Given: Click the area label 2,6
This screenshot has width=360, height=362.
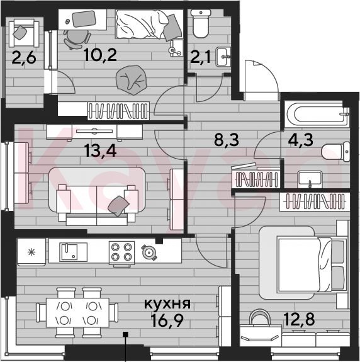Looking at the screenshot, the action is coord(24,58).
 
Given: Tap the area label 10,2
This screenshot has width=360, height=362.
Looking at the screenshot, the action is coord(101,55).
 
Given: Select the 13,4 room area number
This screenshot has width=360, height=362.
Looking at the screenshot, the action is coord(101,150).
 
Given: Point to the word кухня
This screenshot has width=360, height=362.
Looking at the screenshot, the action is coord(167,303).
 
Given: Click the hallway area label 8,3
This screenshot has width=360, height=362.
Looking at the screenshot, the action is coord(227,140).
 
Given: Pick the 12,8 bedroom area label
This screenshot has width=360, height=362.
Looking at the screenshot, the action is coord(300,319).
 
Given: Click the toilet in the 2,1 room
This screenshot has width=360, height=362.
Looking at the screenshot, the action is coord(201,24).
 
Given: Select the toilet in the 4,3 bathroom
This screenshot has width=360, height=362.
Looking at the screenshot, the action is coord(336,152).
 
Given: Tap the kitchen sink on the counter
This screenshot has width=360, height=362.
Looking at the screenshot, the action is coord(74,252).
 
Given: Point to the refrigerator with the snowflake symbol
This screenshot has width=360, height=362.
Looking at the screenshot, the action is coord(31,252).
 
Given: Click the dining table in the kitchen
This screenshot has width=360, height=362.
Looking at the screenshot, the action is coord(77,313).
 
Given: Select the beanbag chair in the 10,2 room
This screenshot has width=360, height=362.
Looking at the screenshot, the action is coord(131,80).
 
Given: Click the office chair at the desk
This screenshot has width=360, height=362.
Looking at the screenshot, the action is coord(77,39).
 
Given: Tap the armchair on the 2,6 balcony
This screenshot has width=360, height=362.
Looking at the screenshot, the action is coord(24,33).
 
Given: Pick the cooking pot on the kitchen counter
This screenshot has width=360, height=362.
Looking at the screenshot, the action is coord(149,252).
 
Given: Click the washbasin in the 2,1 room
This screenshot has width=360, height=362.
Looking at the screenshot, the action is coord(223,57).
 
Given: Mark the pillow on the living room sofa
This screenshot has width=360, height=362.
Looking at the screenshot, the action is coord(118,206).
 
